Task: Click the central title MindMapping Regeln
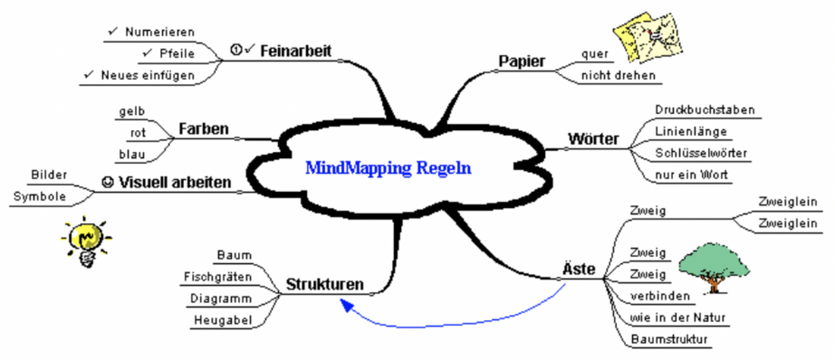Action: [388, 167]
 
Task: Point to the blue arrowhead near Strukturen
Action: [347, 307]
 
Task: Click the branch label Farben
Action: [203, 128]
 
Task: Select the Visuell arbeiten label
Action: [174, 182]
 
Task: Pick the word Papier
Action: [522, 61]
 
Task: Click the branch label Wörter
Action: [593, 140]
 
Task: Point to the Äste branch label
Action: [579, 269]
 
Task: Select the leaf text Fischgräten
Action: [218, 277]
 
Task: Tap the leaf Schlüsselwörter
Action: [701, 153]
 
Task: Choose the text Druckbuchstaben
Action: [705, 110]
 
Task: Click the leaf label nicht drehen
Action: [618, 75]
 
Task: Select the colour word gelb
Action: [132, 111]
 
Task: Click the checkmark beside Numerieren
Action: [113, 32]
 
